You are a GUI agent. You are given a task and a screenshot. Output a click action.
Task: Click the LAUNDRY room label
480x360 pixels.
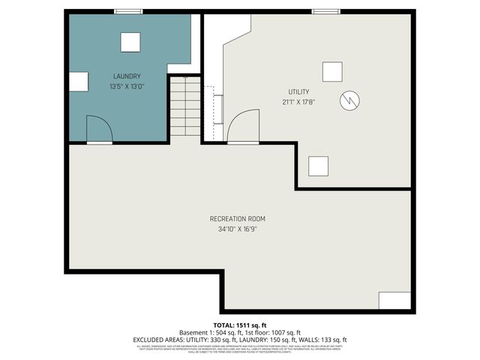tap(127, 76)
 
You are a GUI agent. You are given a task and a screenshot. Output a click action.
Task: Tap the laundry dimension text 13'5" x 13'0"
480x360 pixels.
tap(127, 87)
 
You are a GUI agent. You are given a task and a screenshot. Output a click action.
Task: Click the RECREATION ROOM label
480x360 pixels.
tap(237, 219)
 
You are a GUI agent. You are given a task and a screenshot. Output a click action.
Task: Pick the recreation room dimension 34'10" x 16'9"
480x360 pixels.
tap(237, 229)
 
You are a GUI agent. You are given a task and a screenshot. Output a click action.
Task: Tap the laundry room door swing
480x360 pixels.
tap(99, 129)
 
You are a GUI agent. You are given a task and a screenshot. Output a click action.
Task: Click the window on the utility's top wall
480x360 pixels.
tap(323, 11)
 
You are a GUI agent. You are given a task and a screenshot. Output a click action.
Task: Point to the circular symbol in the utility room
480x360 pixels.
tap(349, 100)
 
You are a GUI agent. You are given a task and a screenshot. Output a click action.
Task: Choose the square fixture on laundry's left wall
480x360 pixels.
tap(79, 82)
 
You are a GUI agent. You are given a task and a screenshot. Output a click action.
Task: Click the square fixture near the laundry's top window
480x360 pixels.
tap(130, 43)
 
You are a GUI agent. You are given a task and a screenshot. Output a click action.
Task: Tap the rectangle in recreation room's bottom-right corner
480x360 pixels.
tap(394, 301)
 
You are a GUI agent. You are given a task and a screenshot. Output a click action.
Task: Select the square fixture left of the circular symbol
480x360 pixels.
tap(332, 71)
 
